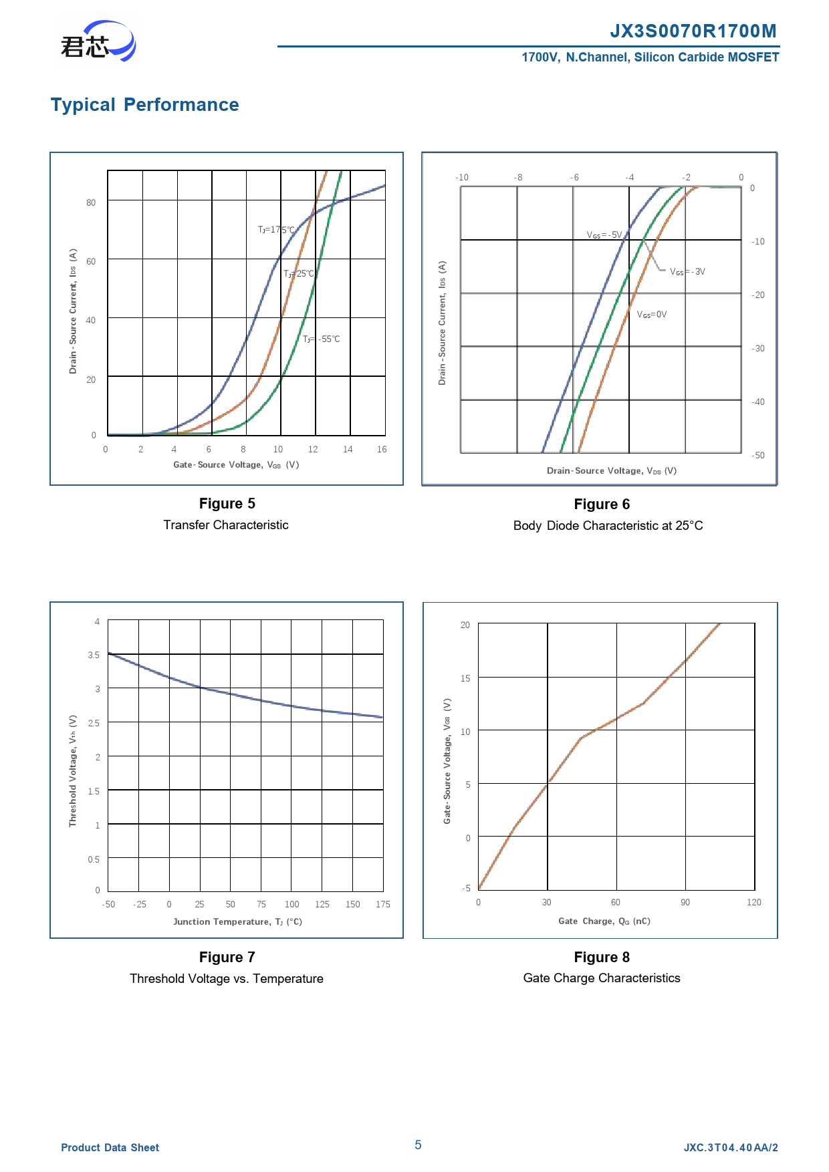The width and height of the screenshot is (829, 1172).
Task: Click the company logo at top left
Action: point(98,41)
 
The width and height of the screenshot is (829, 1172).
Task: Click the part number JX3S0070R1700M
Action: point(693,31)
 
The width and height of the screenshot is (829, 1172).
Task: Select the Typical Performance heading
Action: point(145,105)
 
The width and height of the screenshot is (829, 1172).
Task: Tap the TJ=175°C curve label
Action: point(277,230)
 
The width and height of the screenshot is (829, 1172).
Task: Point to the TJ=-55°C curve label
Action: point(322,339)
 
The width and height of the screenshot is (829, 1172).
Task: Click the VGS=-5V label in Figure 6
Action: point(604,235)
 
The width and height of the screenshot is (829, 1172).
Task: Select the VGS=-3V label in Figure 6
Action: point(688,272)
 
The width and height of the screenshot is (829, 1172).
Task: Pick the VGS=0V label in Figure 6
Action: point(652,315)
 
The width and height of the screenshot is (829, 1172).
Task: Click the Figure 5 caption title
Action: point(227,504)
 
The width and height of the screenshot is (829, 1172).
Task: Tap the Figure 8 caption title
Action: point(602,958)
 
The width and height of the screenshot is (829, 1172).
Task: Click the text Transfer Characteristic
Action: point(226,525)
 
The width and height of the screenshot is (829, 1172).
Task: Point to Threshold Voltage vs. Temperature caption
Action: point(227,979)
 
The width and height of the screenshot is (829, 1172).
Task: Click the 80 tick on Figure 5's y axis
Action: point(91,202)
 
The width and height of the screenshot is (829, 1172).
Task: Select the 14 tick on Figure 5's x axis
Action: point(348,449)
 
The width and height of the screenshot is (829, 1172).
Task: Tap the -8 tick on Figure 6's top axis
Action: point(518,177)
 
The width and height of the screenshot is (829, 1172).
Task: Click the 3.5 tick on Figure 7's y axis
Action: point(94,655)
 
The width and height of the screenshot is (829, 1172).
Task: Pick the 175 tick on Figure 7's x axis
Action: point(383,904)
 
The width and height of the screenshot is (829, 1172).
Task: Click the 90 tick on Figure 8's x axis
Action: point(685,902)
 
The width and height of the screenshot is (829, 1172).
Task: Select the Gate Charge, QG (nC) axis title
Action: point(604,921)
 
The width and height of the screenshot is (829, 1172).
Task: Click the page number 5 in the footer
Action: point(418,1145)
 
